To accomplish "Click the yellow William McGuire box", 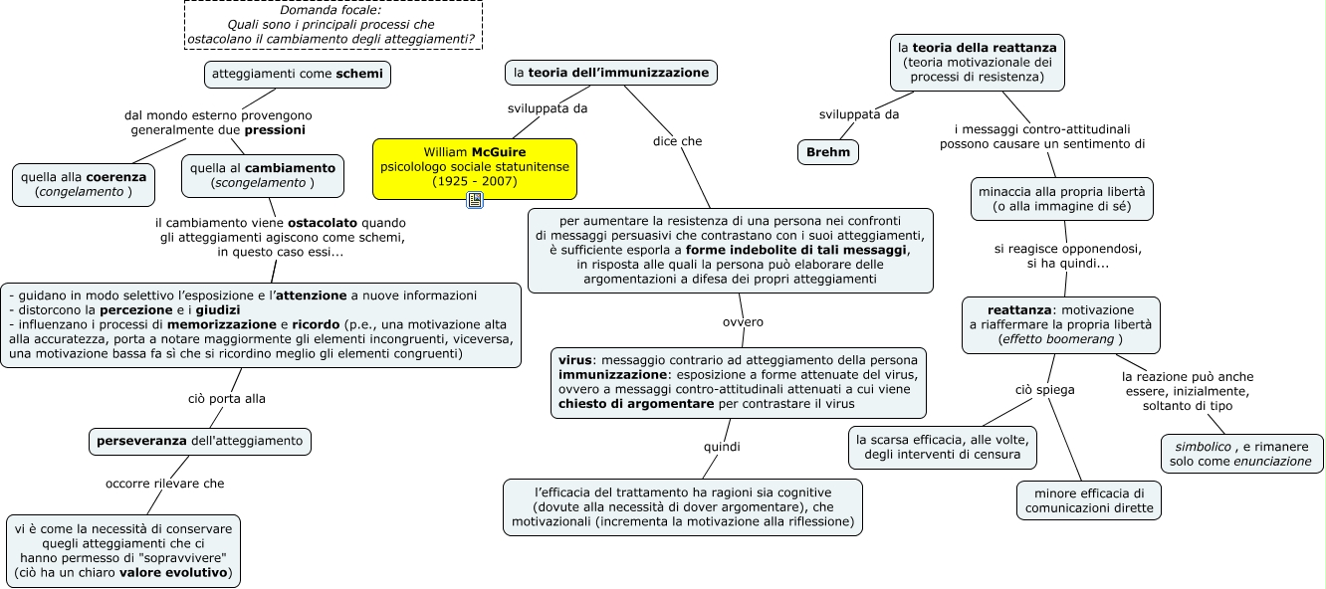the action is click(475, 169).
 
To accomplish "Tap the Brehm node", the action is click(828, 152).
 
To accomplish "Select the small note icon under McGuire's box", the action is click(475, 200).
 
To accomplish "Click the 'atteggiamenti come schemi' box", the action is click(298, 74).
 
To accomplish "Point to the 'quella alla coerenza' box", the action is click(84, 184).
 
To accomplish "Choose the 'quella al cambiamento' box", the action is click(263, 176).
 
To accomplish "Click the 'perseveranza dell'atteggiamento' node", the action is click(200, 441).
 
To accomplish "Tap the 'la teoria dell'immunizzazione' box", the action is click(611, 73).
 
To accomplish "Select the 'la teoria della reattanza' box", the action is click(978, 62).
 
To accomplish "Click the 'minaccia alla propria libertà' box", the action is click(1062, 199).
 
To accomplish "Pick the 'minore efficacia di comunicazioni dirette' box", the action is click(1089, 500).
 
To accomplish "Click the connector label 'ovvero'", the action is click(743, 321).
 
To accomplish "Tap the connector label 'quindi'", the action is click(722, 447).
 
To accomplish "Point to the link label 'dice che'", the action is click(677, 141).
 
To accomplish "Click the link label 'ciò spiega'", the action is click(1045, 390).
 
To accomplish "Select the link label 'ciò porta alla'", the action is click(227, 399).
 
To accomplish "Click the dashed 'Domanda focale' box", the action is click(333, 25).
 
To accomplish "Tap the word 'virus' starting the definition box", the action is click(574, 360).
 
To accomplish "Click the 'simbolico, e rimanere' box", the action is click(1242, 454).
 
